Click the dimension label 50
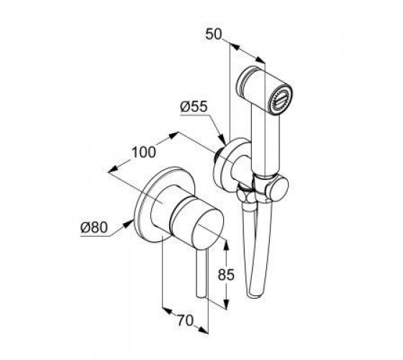[213, 35]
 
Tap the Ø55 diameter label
[194, 107]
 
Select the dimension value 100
[144, 152]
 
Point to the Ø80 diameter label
[94, 228]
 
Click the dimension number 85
[226, 274]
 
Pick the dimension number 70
[185, 320]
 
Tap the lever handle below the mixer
[201, 274]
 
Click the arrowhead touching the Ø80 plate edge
[129, 222]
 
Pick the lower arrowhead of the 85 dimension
[226, 304]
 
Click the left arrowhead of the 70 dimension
[168, 310]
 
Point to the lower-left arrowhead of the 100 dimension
[113, 169]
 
